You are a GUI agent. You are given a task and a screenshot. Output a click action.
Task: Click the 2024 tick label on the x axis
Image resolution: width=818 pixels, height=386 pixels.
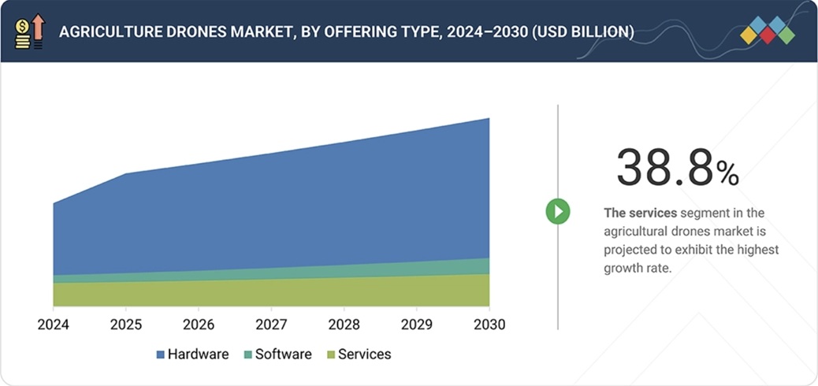tap(53, 325)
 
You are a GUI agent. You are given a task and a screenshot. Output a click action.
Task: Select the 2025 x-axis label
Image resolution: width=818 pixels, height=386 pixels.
tap(125, 325)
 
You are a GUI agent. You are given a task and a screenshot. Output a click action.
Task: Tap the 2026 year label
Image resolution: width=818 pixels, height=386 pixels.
tap(199, 325)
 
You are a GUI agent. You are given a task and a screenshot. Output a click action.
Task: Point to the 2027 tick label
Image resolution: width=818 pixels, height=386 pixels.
tap(271, 325)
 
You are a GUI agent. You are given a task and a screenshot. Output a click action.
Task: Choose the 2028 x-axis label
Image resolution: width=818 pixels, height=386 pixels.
tap(344, 325)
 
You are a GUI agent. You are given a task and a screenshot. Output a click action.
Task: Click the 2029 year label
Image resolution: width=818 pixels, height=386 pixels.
tap(417, 325)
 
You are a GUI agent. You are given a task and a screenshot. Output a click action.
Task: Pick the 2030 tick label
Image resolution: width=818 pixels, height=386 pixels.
tap(489, 325)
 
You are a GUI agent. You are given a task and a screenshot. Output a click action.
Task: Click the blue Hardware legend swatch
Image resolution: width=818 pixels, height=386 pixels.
tap(161, 354)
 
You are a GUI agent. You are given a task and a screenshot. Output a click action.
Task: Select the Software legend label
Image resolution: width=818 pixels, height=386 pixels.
tap(283, 354)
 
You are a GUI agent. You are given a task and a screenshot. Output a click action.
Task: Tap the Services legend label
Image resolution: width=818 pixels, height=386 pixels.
tap(364, 354)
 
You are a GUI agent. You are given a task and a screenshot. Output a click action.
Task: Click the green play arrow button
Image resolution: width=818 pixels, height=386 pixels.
tap(558, 211)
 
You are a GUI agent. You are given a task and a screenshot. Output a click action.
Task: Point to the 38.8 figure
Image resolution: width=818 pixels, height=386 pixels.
tap(664, 168)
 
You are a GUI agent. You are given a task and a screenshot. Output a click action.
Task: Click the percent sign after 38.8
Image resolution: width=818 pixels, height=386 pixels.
tap(727, 173)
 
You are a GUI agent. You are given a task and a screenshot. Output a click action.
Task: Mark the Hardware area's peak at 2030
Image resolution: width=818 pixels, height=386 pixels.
tap(489, 119)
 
